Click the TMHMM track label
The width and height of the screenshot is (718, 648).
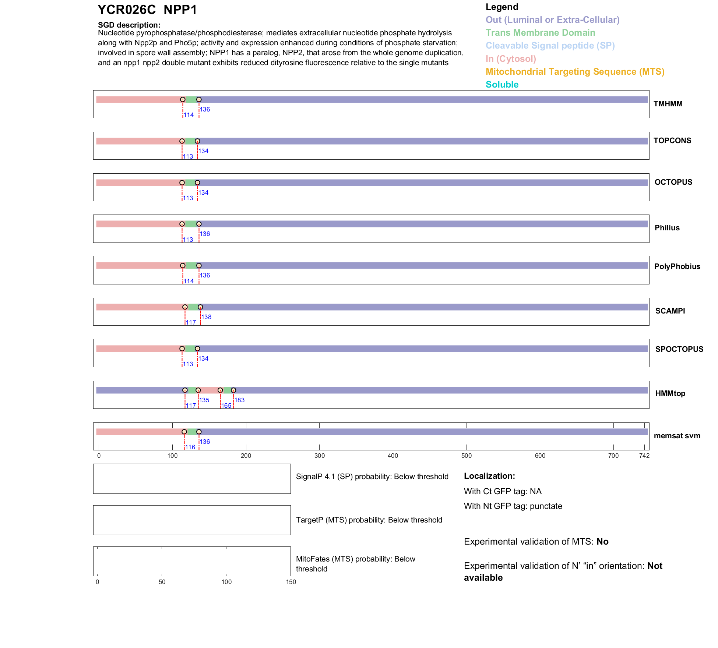[x=668, y=104]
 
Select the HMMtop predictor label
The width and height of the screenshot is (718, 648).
[x=670, y=393]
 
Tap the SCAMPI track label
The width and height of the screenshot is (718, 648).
[x=670, y=311]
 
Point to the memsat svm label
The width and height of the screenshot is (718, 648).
[x=677, y=436]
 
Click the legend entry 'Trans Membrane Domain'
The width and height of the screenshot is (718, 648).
[x=540, y=33]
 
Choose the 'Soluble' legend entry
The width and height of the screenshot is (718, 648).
[x=502, y=85]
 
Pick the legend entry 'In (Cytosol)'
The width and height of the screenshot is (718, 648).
[x=511, y=59]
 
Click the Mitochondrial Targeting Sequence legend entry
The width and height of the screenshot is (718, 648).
[x=575, y=72]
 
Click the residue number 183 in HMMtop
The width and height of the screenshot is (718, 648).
[x=239, y=400]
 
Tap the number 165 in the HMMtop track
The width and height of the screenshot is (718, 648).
[x=226, y=406]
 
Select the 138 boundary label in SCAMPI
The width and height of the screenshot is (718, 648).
[x=206, y=317]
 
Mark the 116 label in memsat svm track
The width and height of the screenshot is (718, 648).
[x=190, y=447]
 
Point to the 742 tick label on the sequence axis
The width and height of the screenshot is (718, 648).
[x=644, y=456]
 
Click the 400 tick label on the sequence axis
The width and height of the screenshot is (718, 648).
[x=393, y=456]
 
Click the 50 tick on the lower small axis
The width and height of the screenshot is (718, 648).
[x=162, y=582]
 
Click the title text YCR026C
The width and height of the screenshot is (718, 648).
[x=127, y=10]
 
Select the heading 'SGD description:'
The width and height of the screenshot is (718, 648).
[x=129, y=25]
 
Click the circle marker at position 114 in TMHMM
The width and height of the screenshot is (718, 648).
[x=183, y=99]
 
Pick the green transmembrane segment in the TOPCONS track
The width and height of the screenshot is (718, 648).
[x=190, y=141]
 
